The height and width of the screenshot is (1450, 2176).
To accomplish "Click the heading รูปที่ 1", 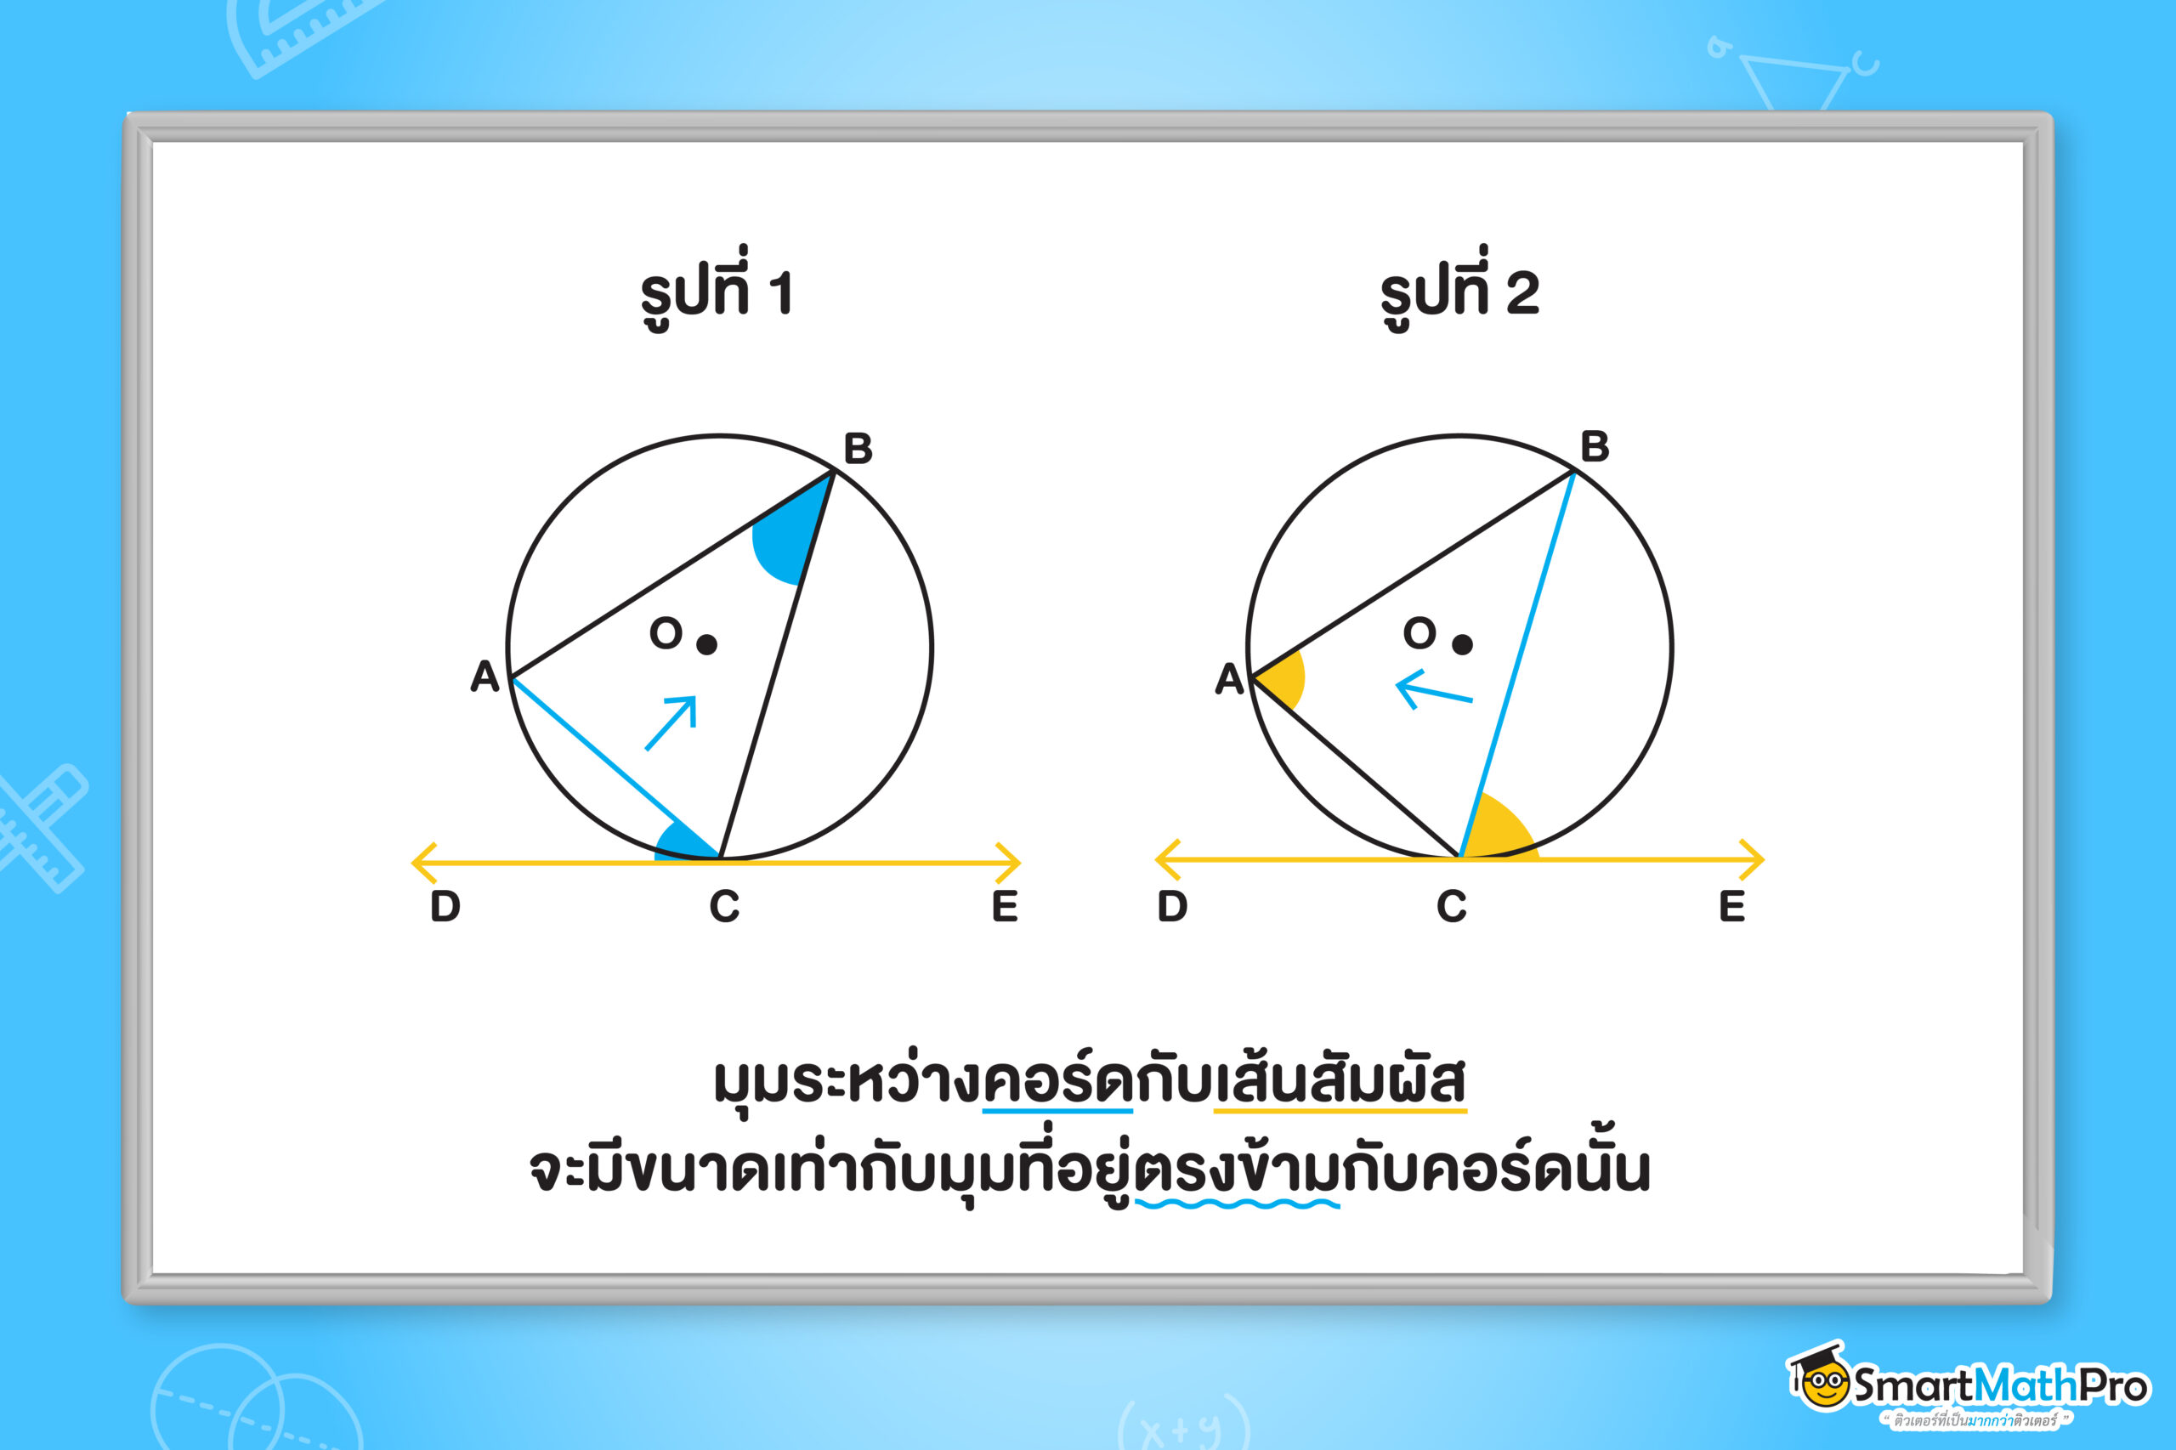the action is pyautogui.click(x=717, y=288).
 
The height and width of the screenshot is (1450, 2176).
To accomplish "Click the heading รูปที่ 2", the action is pyautogui.click(x=1459, y=288).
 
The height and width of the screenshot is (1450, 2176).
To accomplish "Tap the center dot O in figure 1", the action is pyautogui.click(x=706, y=644).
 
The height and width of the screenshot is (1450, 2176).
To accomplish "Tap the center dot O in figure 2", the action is pyautogui.click(x=1462, y=644).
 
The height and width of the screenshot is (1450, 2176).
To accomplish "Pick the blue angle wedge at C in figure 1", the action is pyautogui.click(x=684, y=843).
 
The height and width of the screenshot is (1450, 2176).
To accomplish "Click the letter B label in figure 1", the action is pyautogui.click(x=858, y=449).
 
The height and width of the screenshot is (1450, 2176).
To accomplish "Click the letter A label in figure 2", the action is pyautogui.click(x=1229, y=679).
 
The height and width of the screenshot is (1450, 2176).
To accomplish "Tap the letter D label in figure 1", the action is pyautogui.click(x=445, y=906).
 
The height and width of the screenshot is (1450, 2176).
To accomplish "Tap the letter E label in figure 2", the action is pyautogui.click(x=1732, y=906).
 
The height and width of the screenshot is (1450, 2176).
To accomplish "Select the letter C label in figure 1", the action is pyautogui.click(x=724, y=906).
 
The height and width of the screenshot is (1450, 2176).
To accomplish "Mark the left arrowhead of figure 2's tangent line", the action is pyautogui.click(x=1167, y=860).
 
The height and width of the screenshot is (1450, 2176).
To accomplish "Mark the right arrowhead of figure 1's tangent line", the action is pyautogui.click(x=1009, y=863).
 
